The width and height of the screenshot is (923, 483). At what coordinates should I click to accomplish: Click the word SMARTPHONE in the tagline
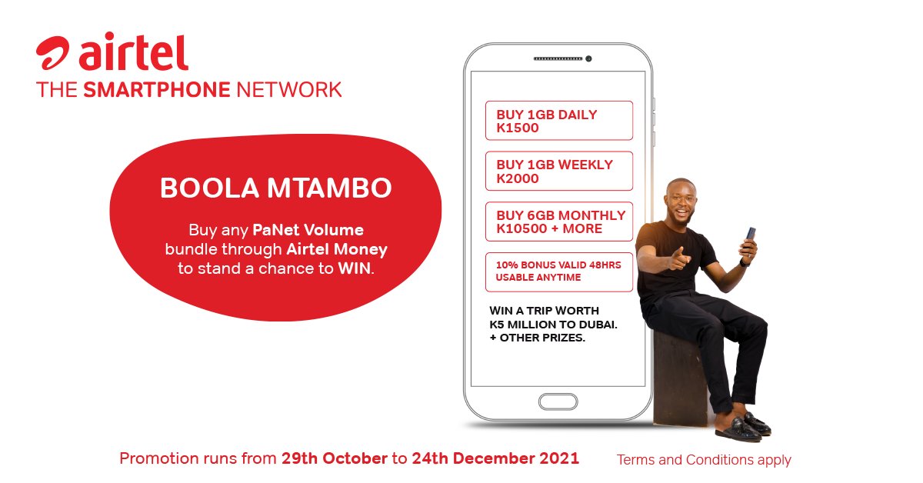point(156,89)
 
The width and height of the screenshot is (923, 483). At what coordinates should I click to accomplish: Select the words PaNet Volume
point(308,230)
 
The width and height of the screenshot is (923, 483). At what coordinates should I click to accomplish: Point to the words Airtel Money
point(337,249)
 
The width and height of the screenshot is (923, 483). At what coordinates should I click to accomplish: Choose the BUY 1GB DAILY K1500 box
point(558,121)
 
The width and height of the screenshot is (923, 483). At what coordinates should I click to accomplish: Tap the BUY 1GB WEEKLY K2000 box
point(558,172)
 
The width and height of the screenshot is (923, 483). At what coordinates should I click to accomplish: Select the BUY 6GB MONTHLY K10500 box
point(558,222)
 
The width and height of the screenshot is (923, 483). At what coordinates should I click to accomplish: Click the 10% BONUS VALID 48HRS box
point(558,271)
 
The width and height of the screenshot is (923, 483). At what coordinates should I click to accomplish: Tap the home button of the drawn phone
point(558,401)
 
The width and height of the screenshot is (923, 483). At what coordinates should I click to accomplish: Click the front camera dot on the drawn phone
point(588,59)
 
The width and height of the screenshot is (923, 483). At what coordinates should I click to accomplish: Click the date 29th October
point(335,459)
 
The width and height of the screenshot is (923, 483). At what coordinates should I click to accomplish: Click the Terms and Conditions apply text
point(704,460)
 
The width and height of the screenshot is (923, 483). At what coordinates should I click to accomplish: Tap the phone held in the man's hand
point(750,234)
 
